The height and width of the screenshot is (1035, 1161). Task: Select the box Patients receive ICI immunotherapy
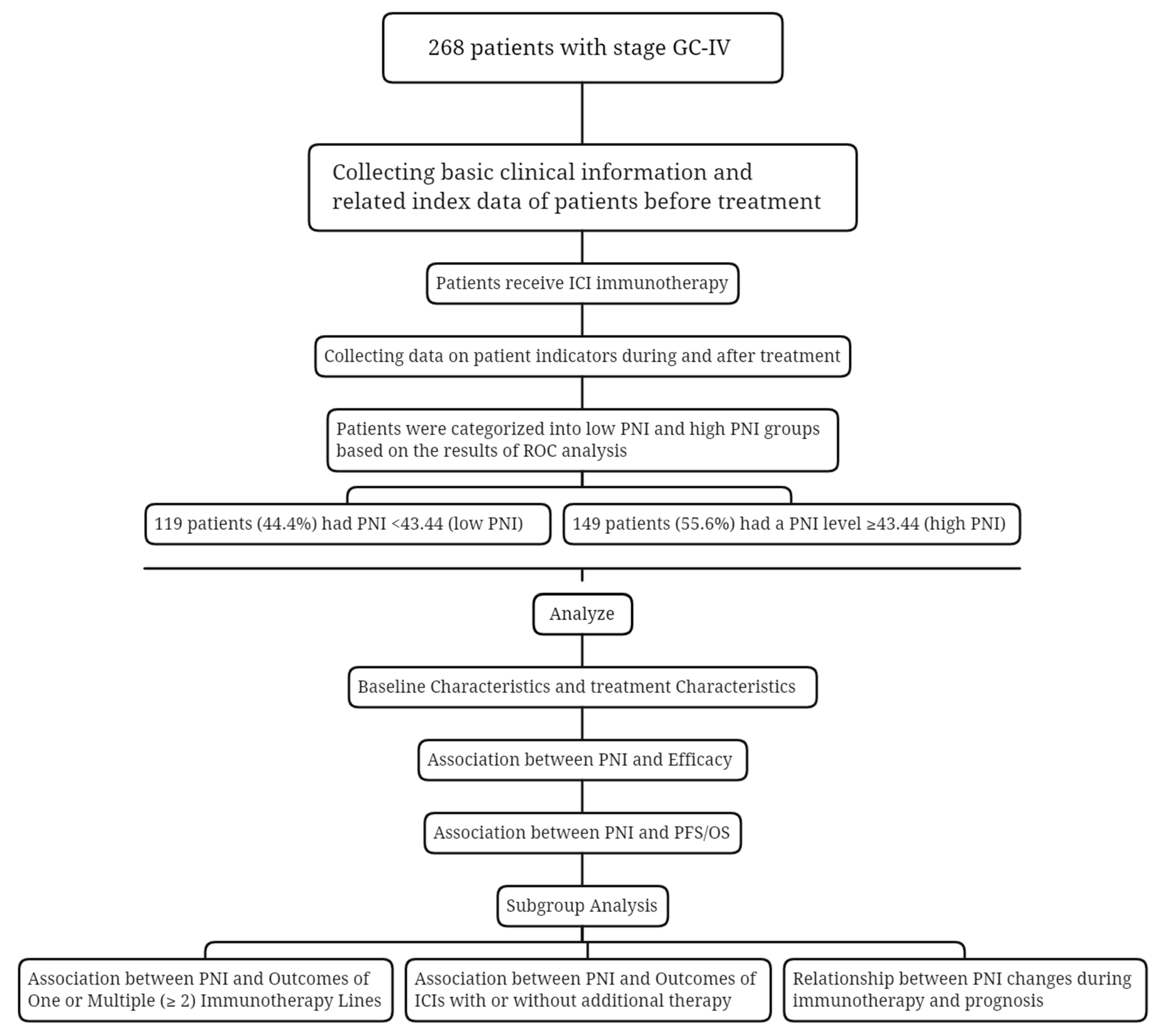coord(582,283)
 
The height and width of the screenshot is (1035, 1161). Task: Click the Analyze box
coord(582,614)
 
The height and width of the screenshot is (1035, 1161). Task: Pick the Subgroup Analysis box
coord(582,906)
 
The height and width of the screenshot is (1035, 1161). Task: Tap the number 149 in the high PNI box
coord(586,524)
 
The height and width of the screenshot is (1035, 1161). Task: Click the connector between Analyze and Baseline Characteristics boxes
coord(582,651)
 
